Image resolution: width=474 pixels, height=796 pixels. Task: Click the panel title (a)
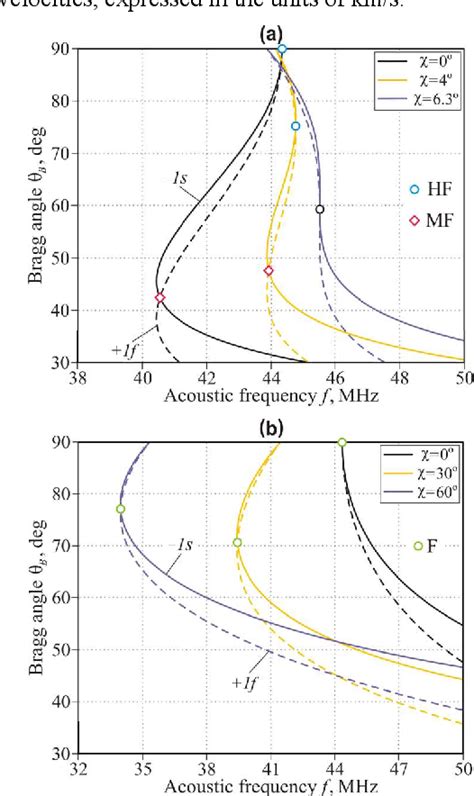point(267,33)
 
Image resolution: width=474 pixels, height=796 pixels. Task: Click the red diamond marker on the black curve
point(159,298)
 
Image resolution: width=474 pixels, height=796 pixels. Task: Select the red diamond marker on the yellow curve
point(269,271)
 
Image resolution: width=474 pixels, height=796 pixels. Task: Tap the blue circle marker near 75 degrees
point(295,126)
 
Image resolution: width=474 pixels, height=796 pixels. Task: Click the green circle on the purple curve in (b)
point(120,509)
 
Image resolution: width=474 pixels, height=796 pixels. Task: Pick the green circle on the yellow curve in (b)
point(237,543)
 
